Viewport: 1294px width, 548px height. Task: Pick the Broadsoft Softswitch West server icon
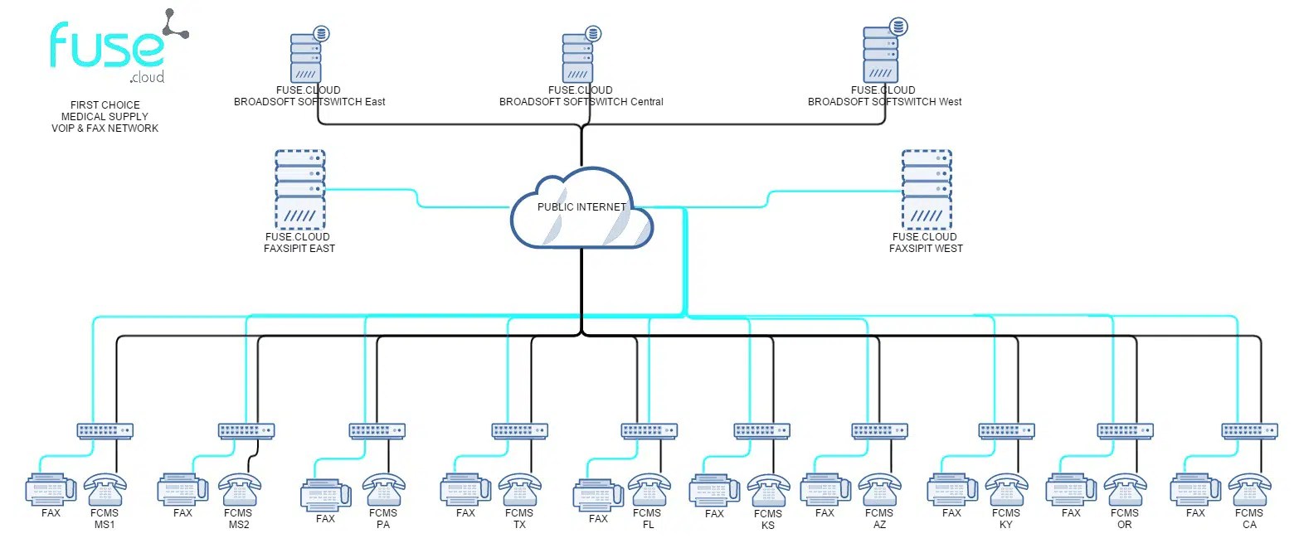pyautogui.click(x=882, y=55)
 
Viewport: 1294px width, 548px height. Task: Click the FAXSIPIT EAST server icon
pyautogui.click(x=299, y=190)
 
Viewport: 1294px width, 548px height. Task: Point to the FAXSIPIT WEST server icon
pyautogui.click(x=927, y=190)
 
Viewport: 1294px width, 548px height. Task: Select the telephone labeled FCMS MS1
pyautogui.click(x=105, y=489)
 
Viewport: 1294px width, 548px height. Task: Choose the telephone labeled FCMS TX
pyautogui.click(x=519, y=489)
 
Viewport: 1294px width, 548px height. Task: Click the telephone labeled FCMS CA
pyautogui.click(x=1250, y=489)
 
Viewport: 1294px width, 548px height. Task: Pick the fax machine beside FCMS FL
pyautogui.click(x=597, y=495)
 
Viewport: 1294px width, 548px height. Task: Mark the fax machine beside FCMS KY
pyautogui.click(x=952, y=489)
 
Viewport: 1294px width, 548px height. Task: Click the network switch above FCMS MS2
pyautogui.click(x=246, y=430)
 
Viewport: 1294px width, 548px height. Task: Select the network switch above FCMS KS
pyautogui.click(x=761, y=430)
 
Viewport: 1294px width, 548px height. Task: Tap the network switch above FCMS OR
pyautogui.click(x=1125, y=430)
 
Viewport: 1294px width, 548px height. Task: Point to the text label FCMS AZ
pyautogui.click(x=879, y=518)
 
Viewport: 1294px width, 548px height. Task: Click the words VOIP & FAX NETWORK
pyautogui.click(x=105, y=129)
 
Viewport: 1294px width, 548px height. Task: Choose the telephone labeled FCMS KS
pyautogui.click(x=768, y=490)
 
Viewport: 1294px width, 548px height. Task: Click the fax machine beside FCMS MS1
pyautogui.click(x=51, y=489)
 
